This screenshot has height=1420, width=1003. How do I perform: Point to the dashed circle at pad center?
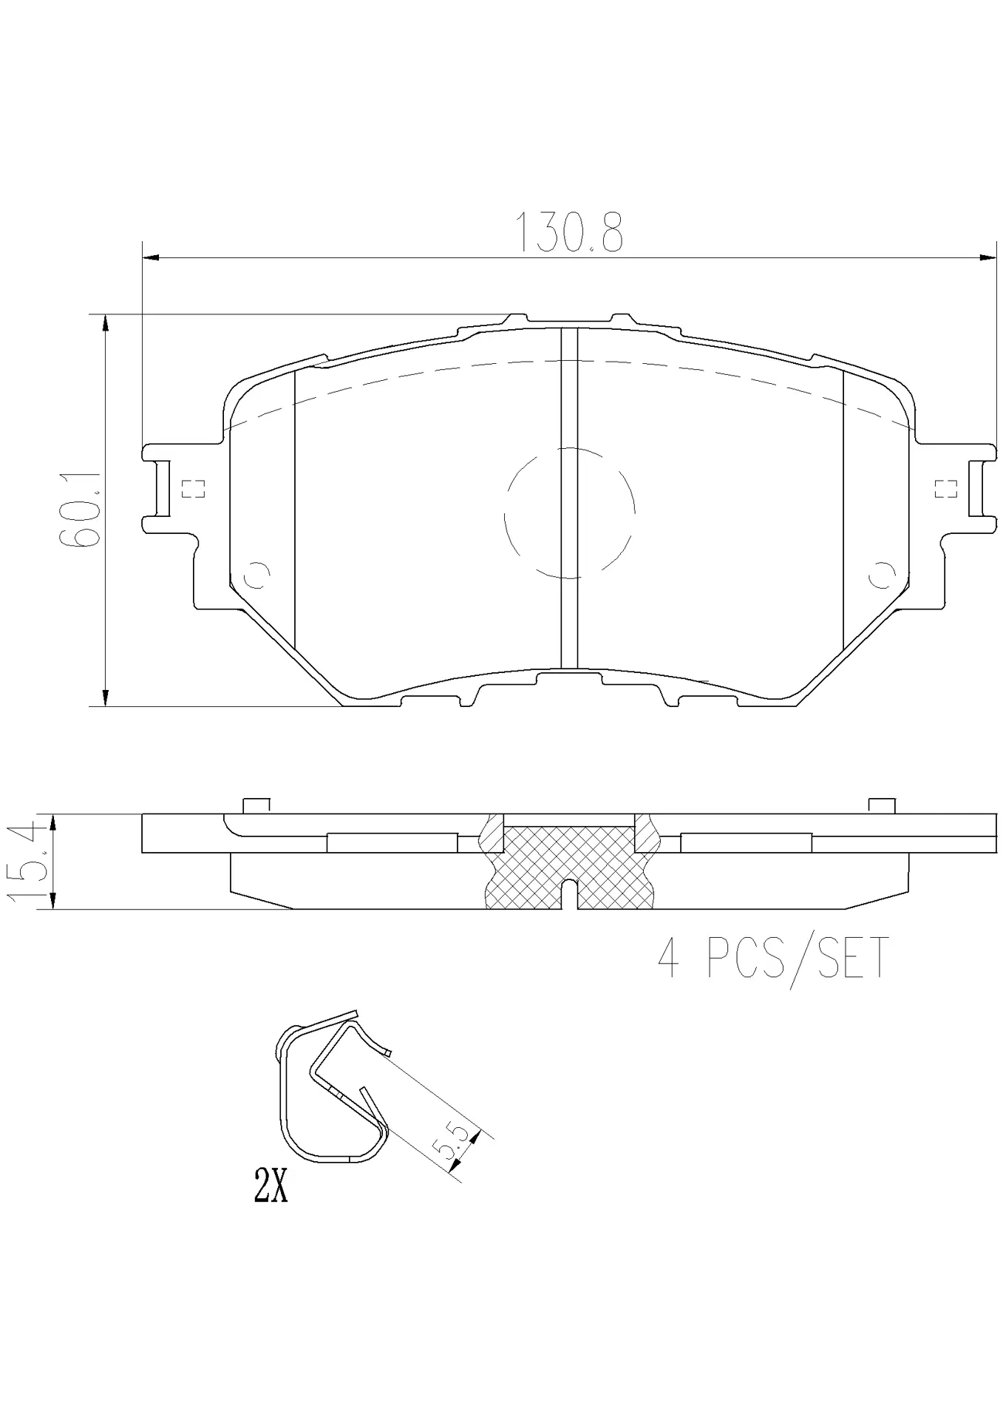click(569, 512)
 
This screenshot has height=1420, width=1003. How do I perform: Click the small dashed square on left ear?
click(193, 489)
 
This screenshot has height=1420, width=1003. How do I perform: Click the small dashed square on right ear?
click(945, 489)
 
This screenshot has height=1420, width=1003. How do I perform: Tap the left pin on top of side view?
click(256, 806)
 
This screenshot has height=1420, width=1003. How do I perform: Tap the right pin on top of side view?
click(882, 806)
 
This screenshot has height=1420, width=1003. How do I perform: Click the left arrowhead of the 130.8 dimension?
click(150, 257)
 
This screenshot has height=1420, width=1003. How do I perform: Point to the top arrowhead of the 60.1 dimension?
click(106, 322)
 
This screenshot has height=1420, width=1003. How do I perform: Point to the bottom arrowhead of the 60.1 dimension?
click(106, 697)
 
